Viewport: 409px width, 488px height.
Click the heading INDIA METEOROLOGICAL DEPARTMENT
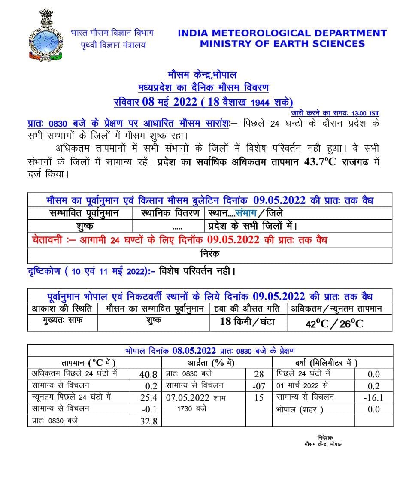282,33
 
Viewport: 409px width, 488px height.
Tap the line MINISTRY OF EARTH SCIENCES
282,43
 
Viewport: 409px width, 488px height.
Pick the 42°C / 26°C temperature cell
334,323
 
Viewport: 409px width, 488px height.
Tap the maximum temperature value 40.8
148,374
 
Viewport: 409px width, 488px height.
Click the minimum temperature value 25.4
148,398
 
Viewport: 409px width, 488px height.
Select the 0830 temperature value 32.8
148,421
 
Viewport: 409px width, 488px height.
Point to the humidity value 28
259,374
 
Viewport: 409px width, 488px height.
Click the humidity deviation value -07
259,386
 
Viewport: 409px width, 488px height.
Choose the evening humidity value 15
259,398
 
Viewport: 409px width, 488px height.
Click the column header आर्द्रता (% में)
217,363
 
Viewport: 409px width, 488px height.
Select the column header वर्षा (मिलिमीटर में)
326,363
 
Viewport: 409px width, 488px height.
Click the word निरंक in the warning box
210,254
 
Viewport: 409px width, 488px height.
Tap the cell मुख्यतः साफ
63,320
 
